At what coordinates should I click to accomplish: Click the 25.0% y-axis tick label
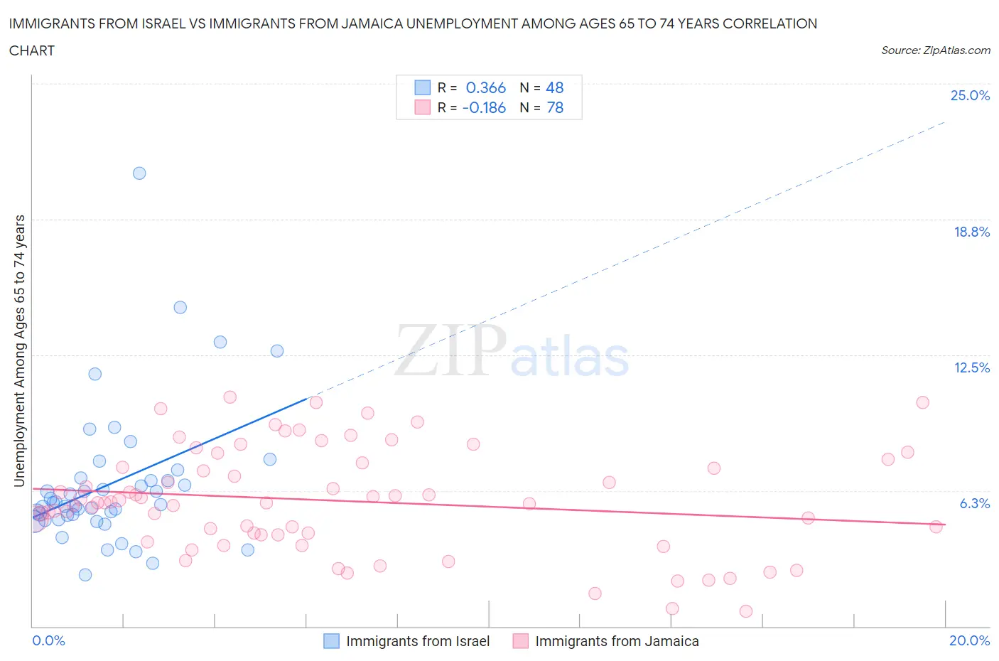click(x=970, y=96)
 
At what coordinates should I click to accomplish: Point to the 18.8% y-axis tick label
click(x=971, y=232)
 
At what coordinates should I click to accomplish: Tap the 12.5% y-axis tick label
click(x=971, y=367)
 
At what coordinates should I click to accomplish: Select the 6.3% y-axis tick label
click(x=974, y=503)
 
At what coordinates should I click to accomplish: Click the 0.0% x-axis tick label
click(x=49, y=640)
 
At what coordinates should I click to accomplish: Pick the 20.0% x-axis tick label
click(x=969, y=640)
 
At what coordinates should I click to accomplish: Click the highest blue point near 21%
click(x=139, y=173)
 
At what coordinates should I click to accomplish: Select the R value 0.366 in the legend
click(x=485, y=87)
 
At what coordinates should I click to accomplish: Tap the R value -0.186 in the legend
click(x=484, y=108)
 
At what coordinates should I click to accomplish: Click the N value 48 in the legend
click(x=554, y=87)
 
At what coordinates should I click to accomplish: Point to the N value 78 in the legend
click(x=554, y=108)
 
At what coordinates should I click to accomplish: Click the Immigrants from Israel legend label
click(x=418, y=641)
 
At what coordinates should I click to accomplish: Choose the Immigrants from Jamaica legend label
click(x=617, y=641)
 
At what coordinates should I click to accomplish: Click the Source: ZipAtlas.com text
click(x=935, y=50)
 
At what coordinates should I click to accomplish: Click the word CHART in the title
click(x=32, y=50)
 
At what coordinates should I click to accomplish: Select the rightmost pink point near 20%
click(x=936, y=527)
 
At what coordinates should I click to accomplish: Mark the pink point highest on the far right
click(x=922, y=402)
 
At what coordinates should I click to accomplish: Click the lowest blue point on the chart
click(x=85, y=575)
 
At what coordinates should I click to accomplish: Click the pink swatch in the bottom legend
click(x=521, y=641)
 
